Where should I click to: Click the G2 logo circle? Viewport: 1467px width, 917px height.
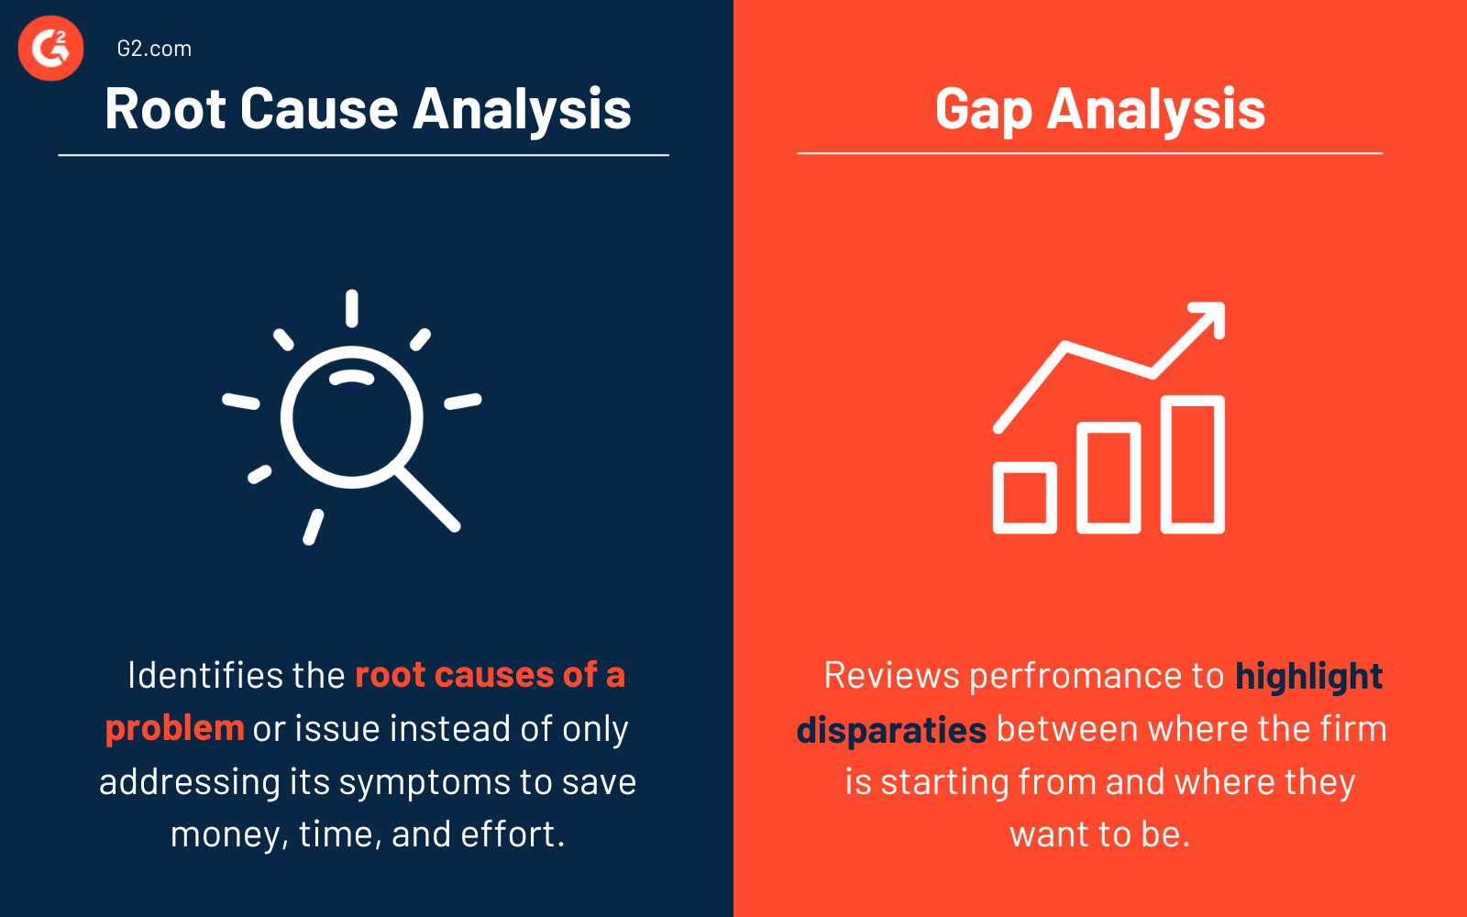[x=51, y=48]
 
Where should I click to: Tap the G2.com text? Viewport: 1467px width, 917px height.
[x=154, y=49]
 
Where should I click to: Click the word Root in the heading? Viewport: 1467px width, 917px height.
[x=165, y=109]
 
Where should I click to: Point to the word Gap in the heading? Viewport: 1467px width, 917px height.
[x=983, y=111]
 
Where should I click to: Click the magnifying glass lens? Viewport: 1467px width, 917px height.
[x=351, y=417]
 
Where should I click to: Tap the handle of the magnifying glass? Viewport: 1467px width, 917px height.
[x=428, y=500]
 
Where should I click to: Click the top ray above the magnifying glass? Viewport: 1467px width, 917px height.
[x=351, y=308]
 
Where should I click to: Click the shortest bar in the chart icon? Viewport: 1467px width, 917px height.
[x=1025, y=498]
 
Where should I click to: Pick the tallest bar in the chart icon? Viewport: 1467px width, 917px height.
[x=1193, y=464]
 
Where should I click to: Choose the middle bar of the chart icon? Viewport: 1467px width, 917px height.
[x=1109, y=478]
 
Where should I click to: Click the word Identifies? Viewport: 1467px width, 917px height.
[x=205, y=675]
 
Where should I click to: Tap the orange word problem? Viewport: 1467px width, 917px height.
[x=174, y=728]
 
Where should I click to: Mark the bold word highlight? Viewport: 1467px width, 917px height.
[x=1308, y=677]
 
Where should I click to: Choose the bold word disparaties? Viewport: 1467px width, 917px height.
[x=891, y=730]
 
